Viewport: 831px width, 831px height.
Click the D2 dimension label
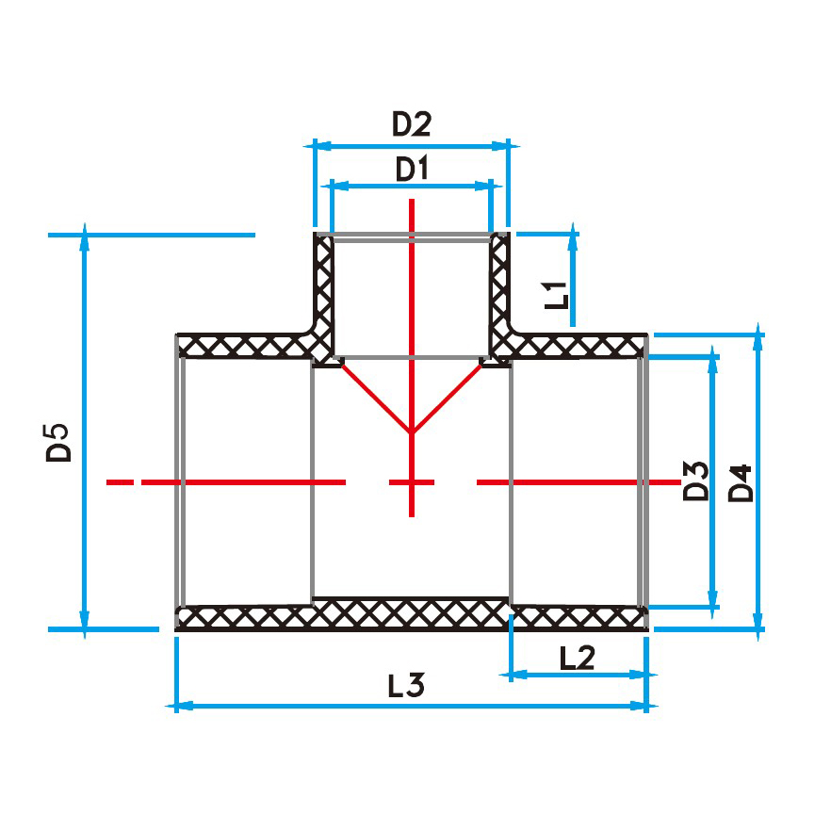coord(411,123)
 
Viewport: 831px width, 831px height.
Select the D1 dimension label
coord(412,169)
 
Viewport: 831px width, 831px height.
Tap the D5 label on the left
coord(58,443)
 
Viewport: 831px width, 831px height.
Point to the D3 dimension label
coord(695,481)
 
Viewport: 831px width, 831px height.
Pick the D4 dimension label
coord(741,483)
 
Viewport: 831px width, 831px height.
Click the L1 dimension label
coord(557,295)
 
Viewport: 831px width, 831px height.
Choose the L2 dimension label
coord(578,658)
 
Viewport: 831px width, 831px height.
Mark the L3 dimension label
coord(406,685)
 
